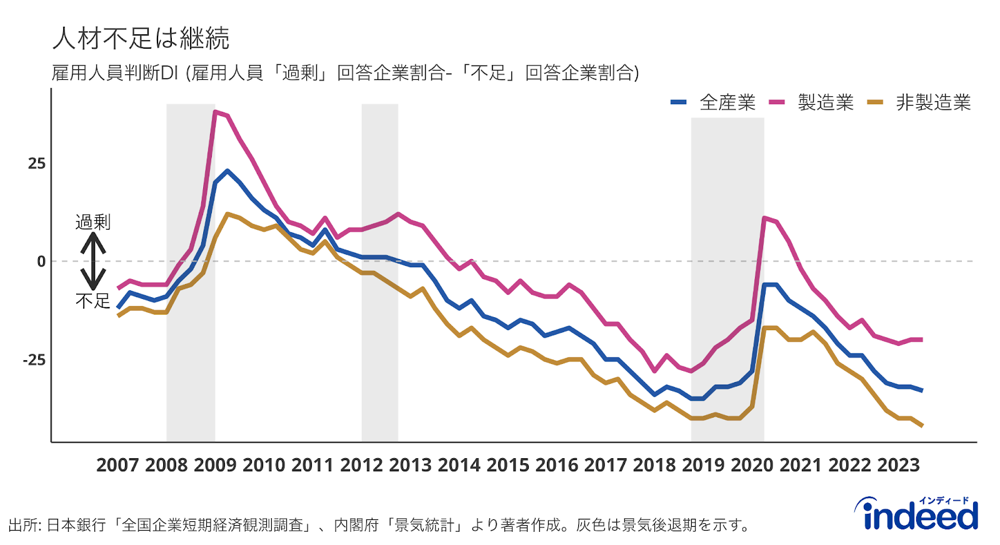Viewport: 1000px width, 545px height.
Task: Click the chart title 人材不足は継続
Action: (141, 39)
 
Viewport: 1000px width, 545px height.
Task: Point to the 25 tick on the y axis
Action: (37, 164)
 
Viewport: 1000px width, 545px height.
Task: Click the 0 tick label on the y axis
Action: (41, 262)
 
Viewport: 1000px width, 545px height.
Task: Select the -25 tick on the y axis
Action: (34, 360)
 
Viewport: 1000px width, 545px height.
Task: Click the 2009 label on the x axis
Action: (215, 465)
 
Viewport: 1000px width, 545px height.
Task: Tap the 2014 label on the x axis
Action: (459, 465)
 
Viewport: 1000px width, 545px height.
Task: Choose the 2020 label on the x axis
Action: (752, 465)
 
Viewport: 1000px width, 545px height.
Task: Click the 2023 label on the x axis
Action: (898, 465)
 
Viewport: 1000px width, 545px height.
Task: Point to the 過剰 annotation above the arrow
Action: (92, 222)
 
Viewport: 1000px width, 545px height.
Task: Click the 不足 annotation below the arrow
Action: (92, 301)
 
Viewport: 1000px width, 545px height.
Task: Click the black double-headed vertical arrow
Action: (92, 261)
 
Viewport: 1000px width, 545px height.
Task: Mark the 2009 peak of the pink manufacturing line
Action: (215, 112)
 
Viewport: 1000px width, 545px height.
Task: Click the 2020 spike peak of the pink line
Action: (764, 218)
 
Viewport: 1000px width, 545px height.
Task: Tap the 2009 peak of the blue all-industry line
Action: (227, 170)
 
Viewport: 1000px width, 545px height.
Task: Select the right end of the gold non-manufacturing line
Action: (922, 426)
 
